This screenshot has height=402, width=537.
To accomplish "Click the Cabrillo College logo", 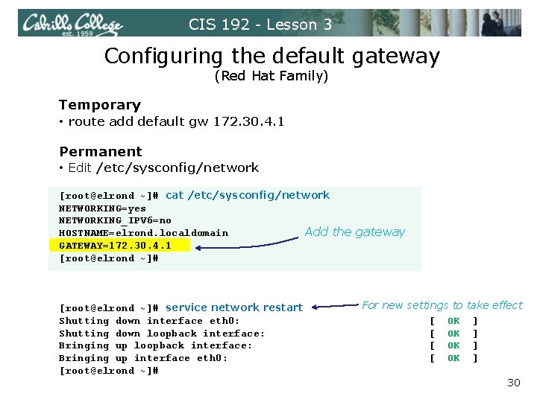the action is point(71,24).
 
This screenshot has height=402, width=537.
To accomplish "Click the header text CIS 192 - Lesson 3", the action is point(260,25).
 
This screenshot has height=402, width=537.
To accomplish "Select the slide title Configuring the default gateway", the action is point(272,56).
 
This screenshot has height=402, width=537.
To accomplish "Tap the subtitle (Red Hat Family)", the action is point(271,76).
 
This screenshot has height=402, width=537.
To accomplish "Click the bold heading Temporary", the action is point(100,105).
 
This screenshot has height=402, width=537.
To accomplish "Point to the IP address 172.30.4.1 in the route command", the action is point(249,121).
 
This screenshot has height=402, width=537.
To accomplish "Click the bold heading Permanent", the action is point(100,152).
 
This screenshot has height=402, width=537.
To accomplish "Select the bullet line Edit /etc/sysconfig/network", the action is point(163,167).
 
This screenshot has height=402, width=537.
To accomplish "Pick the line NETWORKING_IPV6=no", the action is point(115,220).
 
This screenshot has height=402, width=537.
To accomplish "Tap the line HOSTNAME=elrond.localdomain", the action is point(143,233).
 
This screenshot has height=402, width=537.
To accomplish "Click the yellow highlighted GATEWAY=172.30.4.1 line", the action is point(115,245).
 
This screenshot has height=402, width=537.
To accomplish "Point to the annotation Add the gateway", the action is point(354,232).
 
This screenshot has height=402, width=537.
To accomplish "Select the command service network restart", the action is point(234,307).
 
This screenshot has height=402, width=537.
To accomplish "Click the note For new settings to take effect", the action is point(442,305).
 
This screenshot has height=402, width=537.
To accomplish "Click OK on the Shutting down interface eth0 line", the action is point(453,321).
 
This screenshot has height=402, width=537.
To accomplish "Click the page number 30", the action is point(513,383).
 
